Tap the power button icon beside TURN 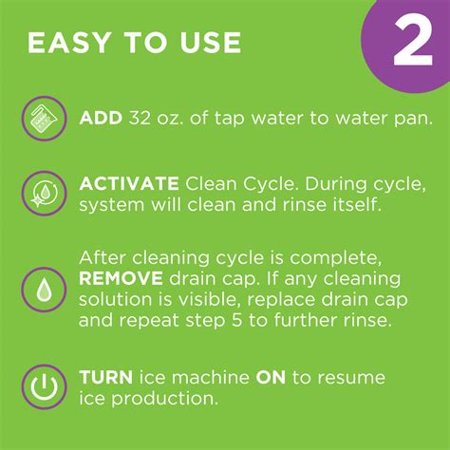(x=44, y=388)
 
